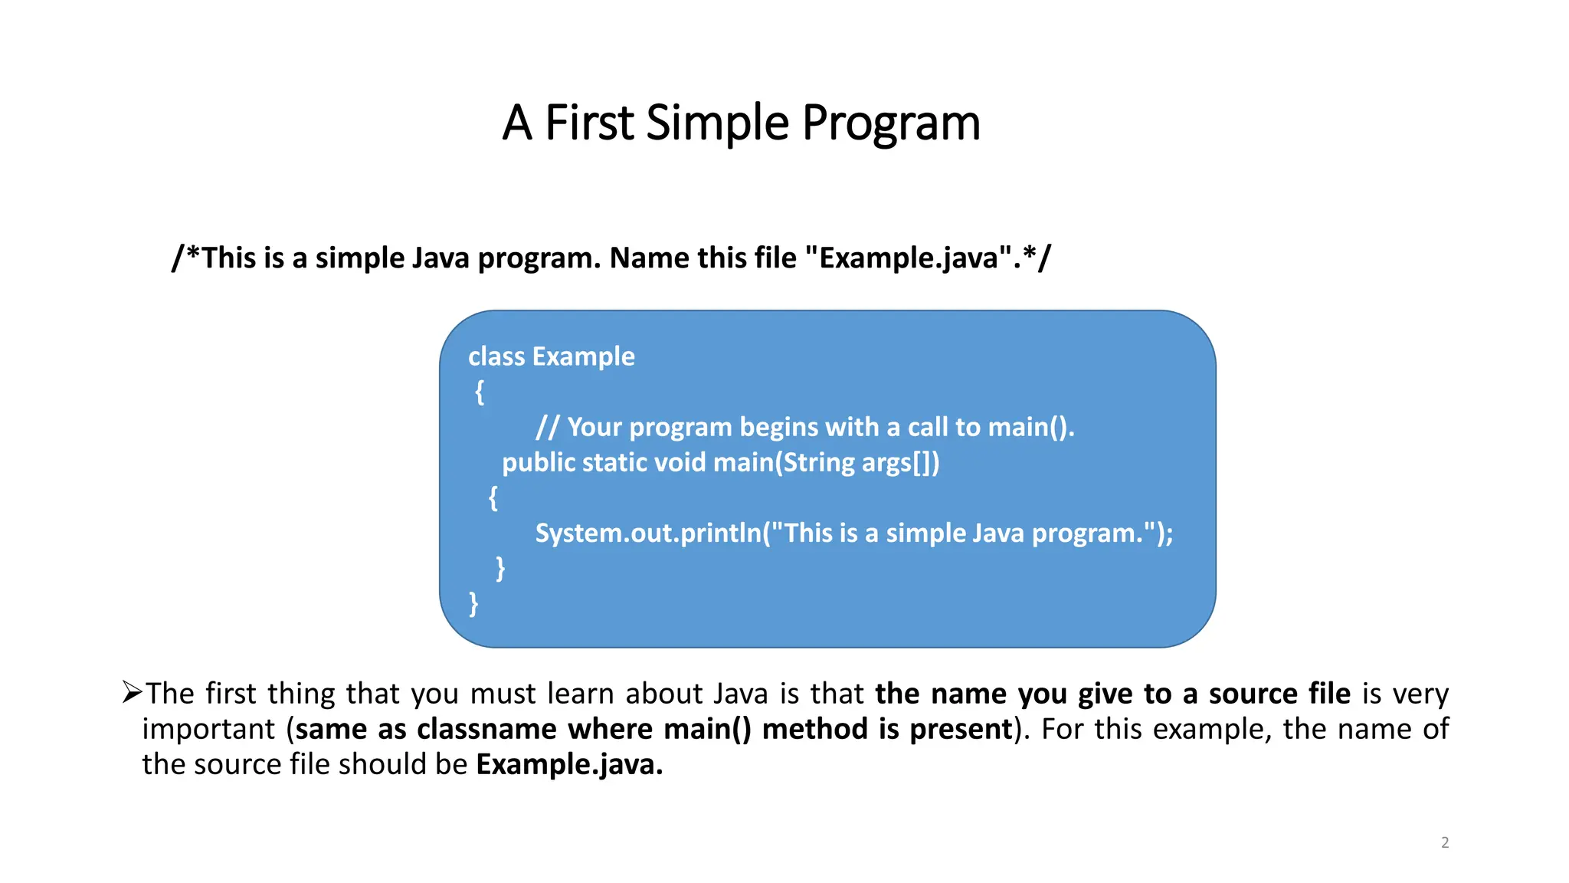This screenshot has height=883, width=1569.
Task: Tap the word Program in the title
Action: point(891,123)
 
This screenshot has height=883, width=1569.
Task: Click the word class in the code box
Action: point(496,356)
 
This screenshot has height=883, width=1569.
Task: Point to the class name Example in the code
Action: point(583,356)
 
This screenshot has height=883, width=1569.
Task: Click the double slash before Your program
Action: point(547,427)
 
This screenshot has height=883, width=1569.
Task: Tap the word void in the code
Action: point(682,462)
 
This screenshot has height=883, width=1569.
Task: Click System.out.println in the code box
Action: point(648,533)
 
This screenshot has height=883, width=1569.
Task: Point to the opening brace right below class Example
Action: point(480,392)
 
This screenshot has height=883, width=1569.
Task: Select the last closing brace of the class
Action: point(473,604)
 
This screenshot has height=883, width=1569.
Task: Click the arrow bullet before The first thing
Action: point(132,693)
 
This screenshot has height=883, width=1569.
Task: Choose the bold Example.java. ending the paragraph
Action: point(569,764)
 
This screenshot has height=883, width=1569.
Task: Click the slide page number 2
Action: point(1445,842)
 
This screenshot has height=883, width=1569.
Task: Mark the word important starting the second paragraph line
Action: point(208,729)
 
